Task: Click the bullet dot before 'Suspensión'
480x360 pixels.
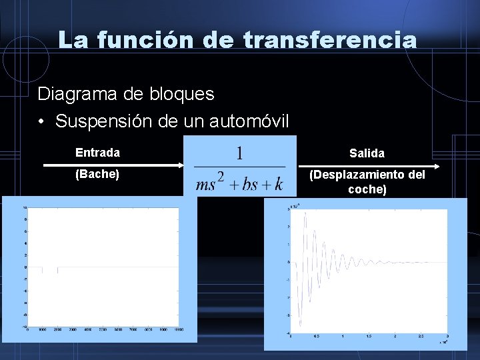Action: coord(41,122)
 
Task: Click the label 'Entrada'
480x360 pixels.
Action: coord(97,153)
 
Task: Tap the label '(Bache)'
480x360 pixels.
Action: coord(97,175)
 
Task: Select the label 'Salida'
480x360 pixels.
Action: coord(367,153)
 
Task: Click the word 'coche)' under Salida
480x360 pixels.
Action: coord(367,189)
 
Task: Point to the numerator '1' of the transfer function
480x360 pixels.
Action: coord(239,153)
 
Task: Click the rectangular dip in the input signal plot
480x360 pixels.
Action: coord(50,270)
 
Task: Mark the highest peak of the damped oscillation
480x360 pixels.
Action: coord(305,217)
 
